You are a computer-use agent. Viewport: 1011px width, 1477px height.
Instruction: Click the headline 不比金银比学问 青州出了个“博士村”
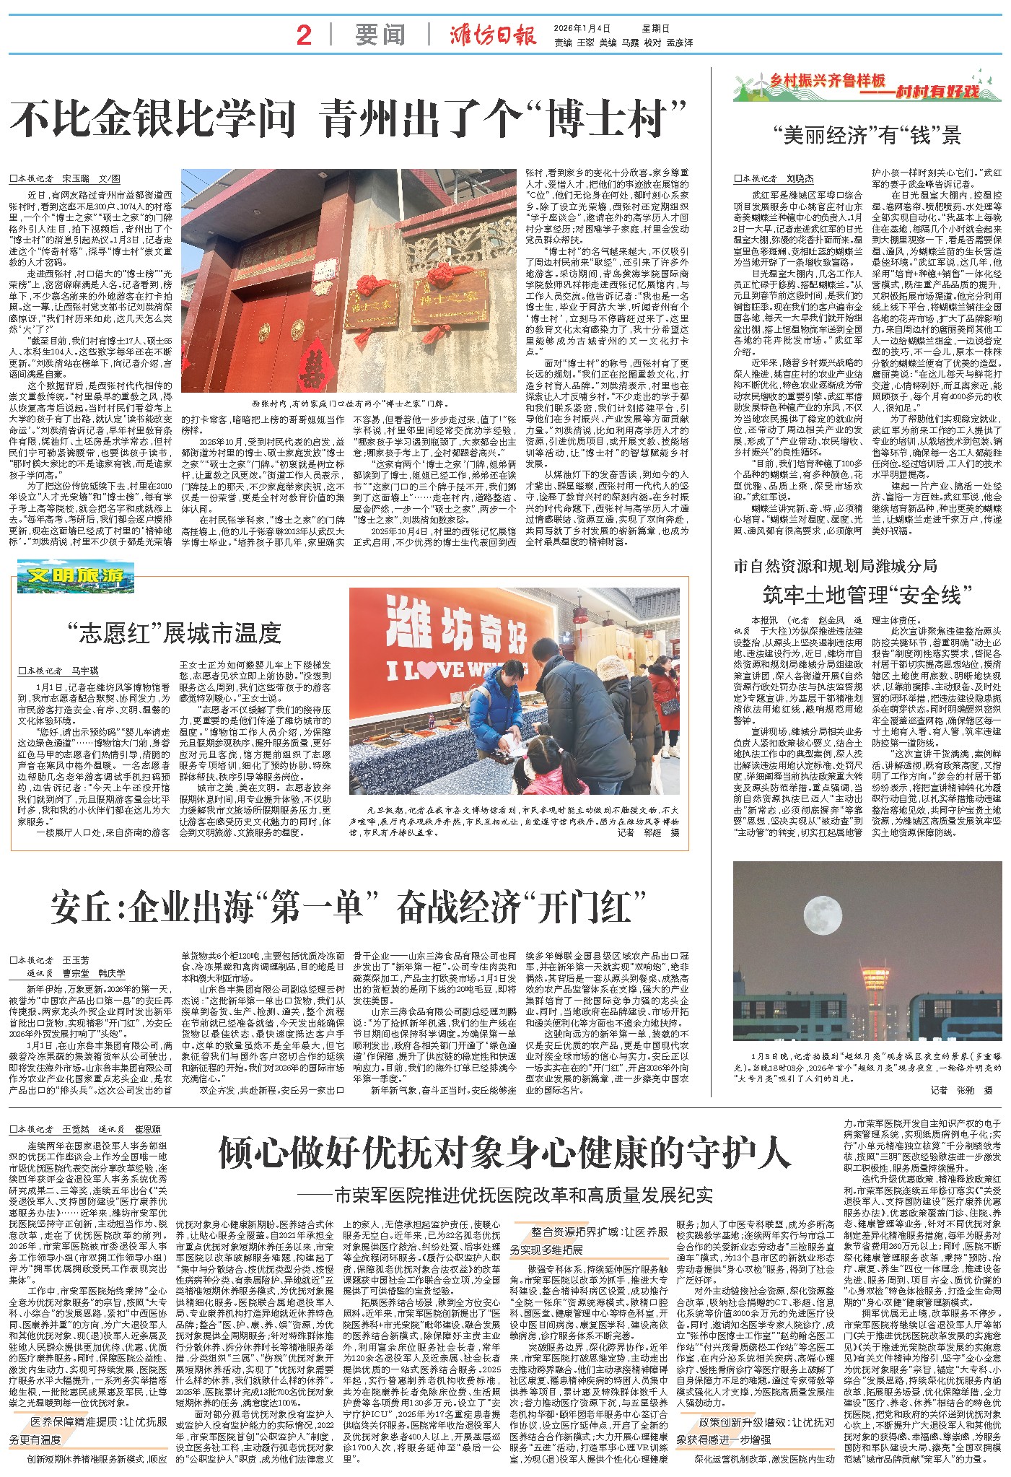point(348,118)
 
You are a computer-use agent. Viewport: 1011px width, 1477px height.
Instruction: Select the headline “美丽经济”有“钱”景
point(866,135)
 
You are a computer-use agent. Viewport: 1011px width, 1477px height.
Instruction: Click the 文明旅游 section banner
point(76,577)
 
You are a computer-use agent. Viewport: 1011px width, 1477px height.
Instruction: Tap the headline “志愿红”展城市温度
point(173,633)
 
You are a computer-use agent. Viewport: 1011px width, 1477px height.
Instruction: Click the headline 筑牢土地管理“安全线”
point(867,596)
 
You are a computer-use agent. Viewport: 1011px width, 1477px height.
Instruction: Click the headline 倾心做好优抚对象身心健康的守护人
point(504,1154)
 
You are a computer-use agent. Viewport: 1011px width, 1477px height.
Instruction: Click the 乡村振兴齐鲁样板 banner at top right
point(867,86)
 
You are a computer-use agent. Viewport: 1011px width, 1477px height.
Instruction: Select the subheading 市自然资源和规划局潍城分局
point(835,565)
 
